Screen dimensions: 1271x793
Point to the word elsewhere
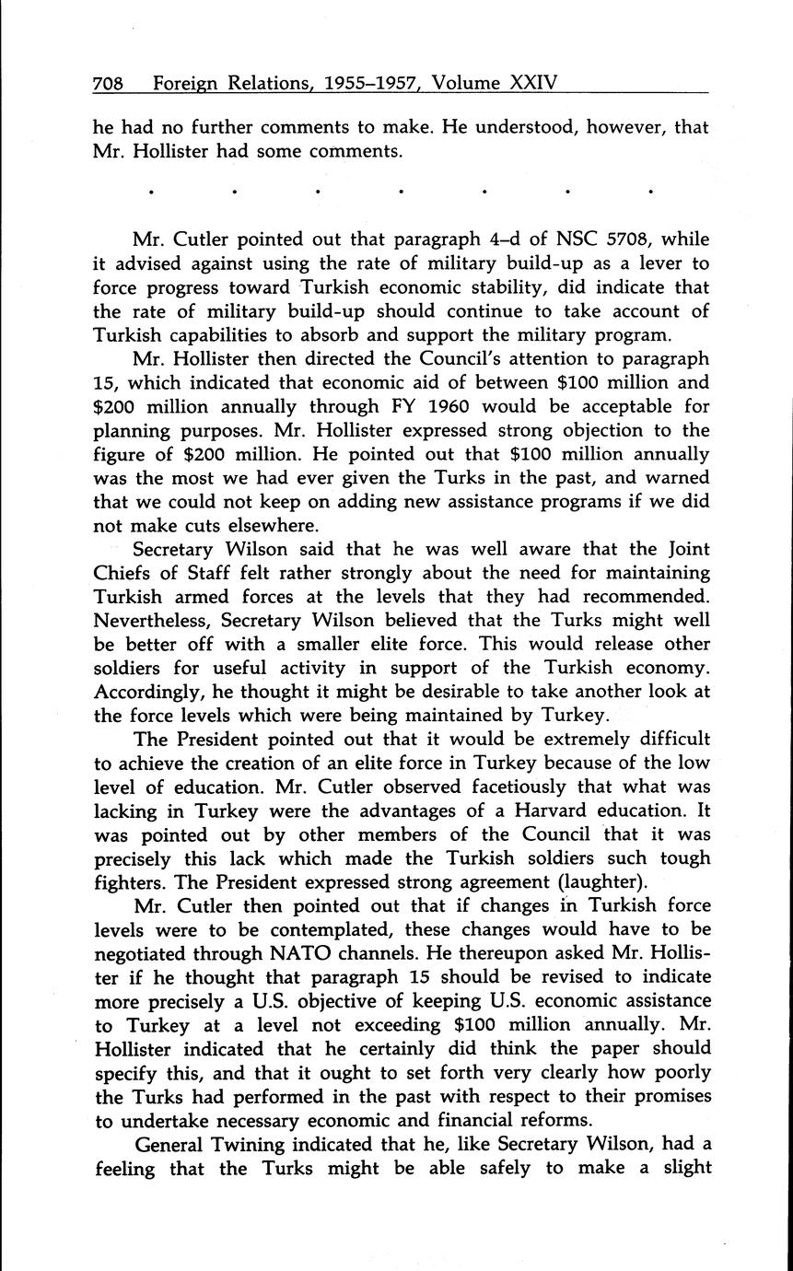293,525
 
